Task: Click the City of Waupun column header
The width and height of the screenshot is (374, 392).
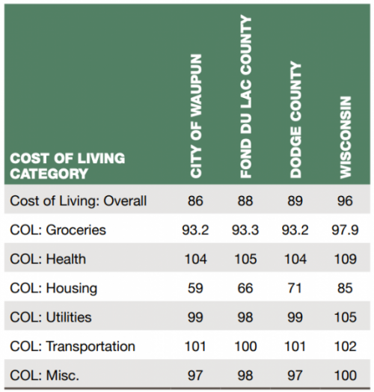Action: [x=196, y=116]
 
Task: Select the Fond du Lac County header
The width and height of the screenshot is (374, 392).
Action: [x=245, y=97]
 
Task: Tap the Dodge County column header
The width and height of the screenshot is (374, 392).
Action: [x=295, y=120]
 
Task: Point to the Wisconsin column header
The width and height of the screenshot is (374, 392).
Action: [x=346, y=137]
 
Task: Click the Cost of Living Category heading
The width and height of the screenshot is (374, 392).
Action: [x=67, y=166]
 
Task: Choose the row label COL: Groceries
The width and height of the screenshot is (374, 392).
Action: [x=58, y=230]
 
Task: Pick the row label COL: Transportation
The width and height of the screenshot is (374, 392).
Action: [x=73, y=346]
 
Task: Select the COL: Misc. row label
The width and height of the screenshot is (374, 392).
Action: [x=44, y=376]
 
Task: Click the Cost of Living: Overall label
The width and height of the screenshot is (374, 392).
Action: [x=78, y=200]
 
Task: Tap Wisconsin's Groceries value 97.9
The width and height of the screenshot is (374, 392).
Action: [x=345, y=230]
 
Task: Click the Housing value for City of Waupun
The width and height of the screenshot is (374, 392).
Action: [x=195, y=288]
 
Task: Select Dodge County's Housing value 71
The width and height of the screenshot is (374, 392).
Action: [x=295, y=288]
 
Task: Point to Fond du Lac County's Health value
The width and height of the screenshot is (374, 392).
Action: [x=245, y=259]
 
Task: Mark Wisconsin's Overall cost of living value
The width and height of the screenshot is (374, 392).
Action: [x=345, y=200]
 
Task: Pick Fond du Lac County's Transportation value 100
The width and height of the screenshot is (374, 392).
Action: [x=245, y=346]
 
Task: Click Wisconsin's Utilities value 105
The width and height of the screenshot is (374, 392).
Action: [x=346, y=317]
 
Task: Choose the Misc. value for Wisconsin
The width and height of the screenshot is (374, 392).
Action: [x=346, y=376]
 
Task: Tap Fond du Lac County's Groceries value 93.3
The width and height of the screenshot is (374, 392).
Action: [x=245, y=230]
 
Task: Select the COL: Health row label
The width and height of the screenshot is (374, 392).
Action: [x=48, y=259]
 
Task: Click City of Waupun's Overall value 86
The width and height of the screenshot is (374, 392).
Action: [x=195, y=200]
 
